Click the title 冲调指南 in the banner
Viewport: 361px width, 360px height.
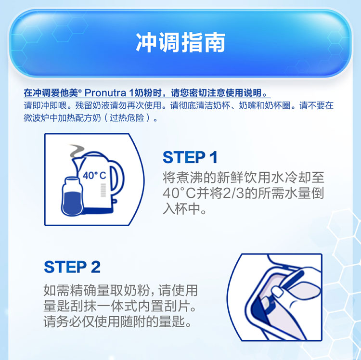point(180,43)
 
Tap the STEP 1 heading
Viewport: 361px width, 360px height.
point(190,157)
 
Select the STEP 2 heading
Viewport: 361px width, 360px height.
point(72,267)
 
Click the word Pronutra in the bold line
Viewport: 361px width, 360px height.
point(105,93)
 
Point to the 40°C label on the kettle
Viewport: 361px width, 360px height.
point(94,176)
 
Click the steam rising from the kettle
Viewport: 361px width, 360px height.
point(77,151)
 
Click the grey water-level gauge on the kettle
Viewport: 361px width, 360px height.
point(103,190)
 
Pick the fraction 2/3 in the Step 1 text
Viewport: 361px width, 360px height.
point(233,193)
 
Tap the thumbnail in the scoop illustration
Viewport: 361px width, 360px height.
point(277,292)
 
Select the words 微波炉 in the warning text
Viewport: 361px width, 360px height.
point(37,118)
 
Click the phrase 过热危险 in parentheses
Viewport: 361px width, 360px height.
point(127,118)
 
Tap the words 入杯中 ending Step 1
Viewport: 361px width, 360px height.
point(179,209)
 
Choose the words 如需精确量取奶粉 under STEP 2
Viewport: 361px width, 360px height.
point(97,291)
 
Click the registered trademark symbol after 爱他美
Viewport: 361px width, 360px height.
point(80,91)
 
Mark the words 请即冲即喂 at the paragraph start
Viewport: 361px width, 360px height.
point(45,105)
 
